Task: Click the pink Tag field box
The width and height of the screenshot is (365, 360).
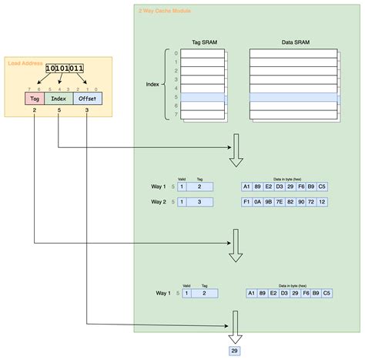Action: [x=35, y=99]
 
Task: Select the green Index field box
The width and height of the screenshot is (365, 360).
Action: [x=59, y=99]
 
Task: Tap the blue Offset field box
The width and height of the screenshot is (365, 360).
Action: [x=87, y=99]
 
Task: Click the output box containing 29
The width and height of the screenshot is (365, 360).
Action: [x=234, y=352]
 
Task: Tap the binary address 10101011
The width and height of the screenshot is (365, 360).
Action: [x=65, y=69]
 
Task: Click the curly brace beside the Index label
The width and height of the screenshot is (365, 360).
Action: [x=165, y=84]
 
